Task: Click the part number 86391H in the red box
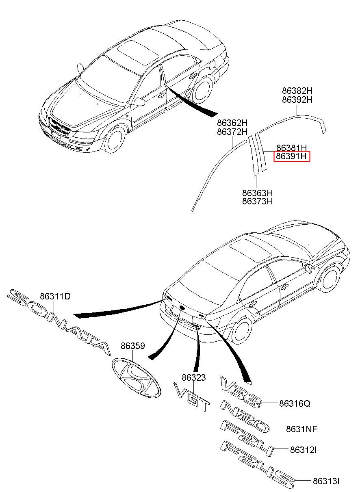click(x=291, y=156)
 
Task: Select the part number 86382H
click(x=297, y=91)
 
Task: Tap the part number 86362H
click(x=232, y=122)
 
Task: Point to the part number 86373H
click(x=257, y=201)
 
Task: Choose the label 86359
click(x=133, y=346)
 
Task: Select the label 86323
click(x=193, y=377)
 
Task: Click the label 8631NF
click(x=301, y=429)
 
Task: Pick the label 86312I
click(x=303, y=450)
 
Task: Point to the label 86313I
click(x=326, y=481)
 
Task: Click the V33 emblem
click(x=240, y=391)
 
